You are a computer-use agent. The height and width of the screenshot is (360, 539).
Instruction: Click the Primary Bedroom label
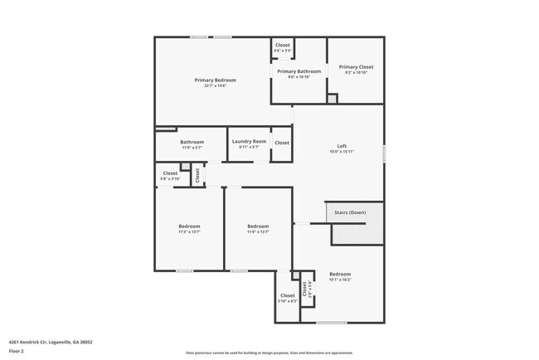pyautogui.click(x=216, y=80)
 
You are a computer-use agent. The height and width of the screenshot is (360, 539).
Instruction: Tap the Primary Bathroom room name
pyautogui.click(x=299, y=71)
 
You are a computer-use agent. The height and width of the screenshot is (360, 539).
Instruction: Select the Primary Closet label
pyautogui.click(x=356, y=66)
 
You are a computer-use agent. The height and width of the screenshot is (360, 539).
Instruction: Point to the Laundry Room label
pyautogui.click(x=249, y=142)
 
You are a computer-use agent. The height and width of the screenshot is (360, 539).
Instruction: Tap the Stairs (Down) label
pyautogui.click(x=350, y=212)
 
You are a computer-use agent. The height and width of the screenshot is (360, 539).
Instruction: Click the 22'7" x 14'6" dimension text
pyautogui.click(x=216, y=86)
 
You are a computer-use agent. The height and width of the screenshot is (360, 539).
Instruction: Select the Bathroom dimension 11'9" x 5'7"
pyautogui.click(x=192, y=148)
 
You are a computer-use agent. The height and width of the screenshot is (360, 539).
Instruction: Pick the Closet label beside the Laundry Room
pyautogui.click(x=282, y=143)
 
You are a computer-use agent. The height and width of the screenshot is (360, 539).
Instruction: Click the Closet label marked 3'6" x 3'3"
pyautogui.click(x=283, y=45)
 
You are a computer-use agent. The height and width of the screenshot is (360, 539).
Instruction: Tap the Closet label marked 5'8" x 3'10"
pyautogui.click(x=170, y=173)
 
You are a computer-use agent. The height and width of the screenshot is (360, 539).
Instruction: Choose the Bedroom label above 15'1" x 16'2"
pyautogui.click(x=340, y=275)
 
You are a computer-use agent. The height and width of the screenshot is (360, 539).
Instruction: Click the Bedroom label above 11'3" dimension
pyautogui.click(x=189, y=226)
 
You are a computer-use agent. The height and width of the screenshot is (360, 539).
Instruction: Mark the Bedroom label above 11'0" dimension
pyautogui.click(x=258, y=226)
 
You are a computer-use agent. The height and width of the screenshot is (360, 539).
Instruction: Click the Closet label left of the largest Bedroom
pyautogui.click(x=288, y=295)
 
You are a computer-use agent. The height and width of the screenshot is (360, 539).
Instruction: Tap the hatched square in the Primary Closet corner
pyautogui.click(x=332, y=99)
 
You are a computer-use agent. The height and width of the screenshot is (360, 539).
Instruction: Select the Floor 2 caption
pyautogui.click(x=17, y=351)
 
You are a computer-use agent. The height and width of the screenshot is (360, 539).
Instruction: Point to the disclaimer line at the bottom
pyautogui.click(x=269, y=353)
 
